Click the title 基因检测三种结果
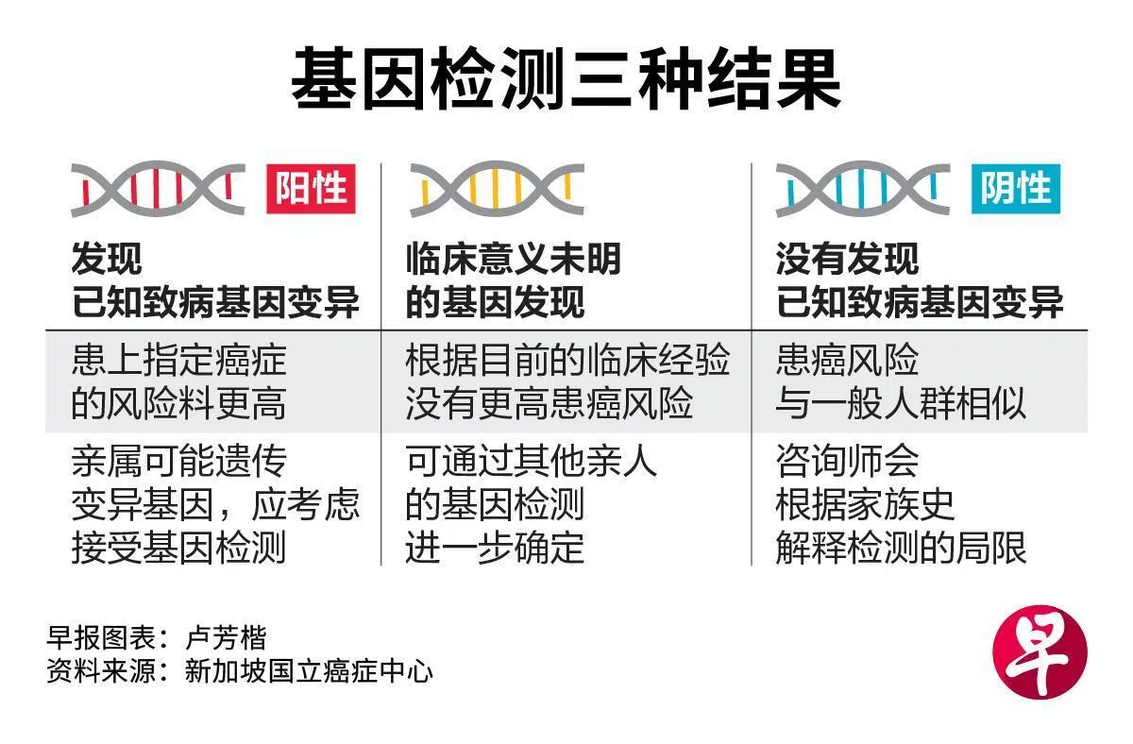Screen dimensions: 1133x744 [x=566, y=78]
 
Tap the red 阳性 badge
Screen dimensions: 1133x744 [x=311, y=189]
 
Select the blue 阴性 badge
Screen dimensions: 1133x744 [x=1016, y=189]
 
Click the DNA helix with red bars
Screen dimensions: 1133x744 [x=159, y=189]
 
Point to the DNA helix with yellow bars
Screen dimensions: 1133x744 [x=498, y=189]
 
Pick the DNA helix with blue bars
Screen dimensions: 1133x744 [x=863, y=189]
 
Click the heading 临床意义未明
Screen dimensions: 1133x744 [x=514, y=259]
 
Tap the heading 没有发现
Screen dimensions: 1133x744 [x=847, y=259]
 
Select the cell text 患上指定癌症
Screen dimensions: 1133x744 [x=179, y=360]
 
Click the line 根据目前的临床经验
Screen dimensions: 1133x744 [x=567, y=360]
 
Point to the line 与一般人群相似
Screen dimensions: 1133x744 [x=901, y=403]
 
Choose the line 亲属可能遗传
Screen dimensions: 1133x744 [x=179, y=461]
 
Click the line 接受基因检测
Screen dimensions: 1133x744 [x=179, y=548]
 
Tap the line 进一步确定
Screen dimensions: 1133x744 [x=495, y=548]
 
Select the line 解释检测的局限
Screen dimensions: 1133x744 [x=901, y=548]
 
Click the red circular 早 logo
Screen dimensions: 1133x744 [x=1040, y=652]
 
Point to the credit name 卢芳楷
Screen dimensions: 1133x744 [x=226, y=637]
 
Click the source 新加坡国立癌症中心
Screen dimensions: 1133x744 [x=309, y=671]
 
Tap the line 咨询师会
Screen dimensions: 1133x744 [x=847, y=461]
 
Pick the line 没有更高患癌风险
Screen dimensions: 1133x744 [x=550, y=403]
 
